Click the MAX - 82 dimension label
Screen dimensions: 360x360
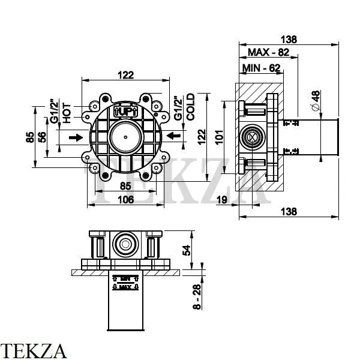tap(268, 53)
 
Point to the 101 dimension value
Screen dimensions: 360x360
tap(220, 137)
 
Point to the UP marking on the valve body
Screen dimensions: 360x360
tap(125, 112)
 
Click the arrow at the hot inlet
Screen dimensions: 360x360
tap(76, 138)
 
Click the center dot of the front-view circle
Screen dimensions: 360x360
tap(125, 138)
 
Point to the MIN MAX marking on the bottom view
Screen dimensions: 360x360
tap(125, 282)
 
